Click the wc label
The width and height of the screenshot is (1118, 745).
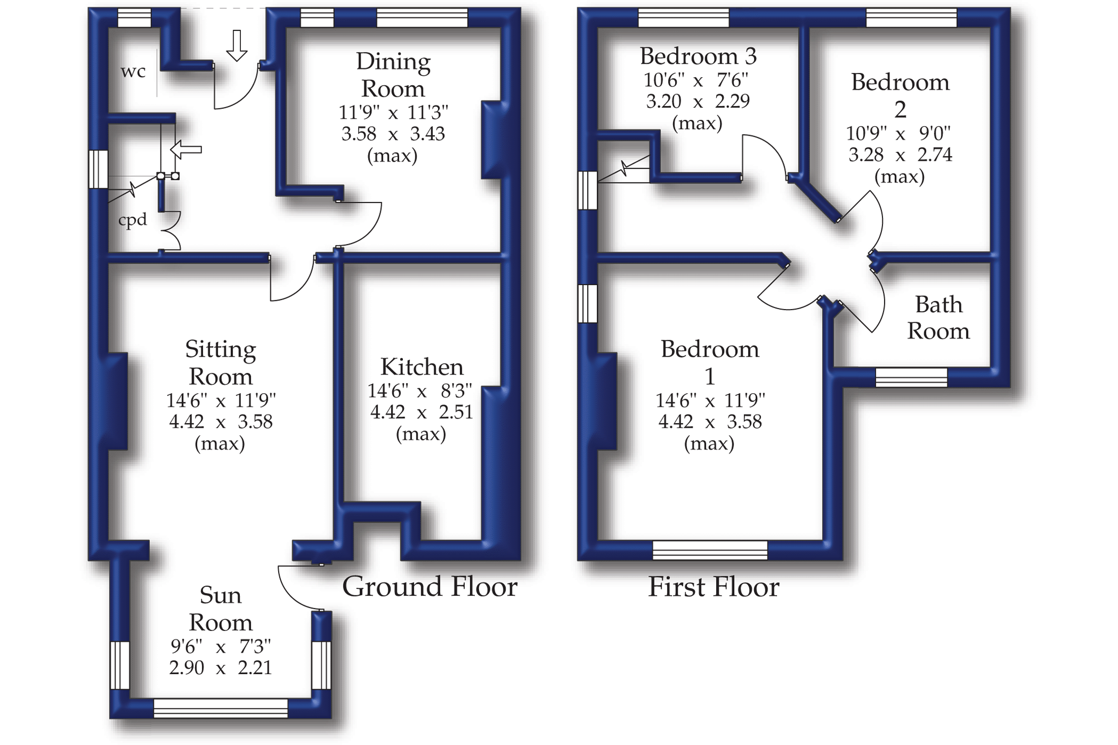133,72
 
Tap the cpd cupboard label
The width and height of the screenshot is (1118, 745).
132,220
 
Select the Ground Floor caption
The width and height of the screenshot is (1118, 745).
430,587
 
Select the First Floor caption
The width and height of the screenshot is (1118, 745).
713,587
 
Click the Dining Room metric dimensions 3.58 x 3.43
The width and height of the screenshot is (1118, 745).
393,134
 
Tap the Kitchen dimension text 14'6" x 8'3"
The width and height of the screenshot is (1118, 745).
420,391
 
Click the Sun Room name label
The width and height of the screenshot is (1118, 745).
220,609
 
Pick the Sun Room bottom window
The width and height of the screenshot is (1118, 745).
220,708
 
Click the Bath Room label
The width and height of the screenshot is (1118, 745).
938,318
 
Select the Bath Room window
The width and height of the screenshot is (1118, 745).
911,377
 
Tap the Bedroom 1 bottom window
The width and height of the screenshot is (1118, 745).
709,550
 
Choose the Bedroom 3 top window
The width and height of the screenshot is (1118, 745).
683,18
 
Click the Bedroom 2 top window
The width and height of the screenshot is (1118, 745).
911,18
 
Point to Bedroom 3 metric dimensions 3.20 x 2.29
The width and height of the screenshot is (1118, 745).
697,101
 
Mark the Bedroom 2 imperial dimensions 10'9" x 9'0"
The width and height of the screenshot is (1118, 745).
900,134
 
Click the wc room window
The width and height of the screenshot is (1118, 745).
134,18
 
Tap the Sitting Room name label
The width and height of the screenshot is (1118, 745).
220,363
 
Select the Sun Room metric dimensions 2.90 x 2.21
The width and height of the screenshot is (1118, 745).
220,668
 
